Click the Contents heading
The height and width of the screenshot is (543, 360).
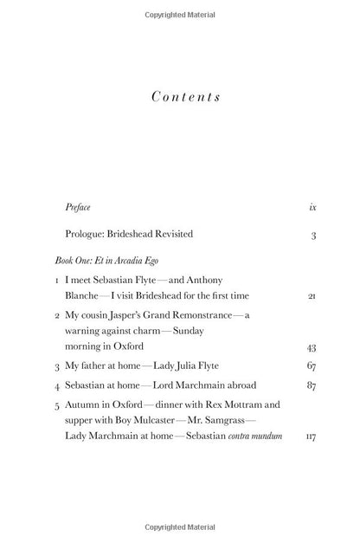185,96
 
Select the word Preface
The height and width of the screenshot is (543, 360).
78,208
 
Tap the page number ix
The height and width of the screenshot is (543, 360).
312,208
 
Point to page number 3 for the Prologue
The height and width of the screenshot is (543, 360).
313,235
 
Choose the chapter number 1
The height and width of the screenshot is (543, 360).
56,281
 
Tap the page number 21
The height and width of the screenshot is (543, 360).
312,296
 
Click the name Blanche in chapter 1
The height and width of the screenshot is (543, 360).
84,296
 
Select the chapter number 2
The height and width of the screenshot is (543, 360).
56,316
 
